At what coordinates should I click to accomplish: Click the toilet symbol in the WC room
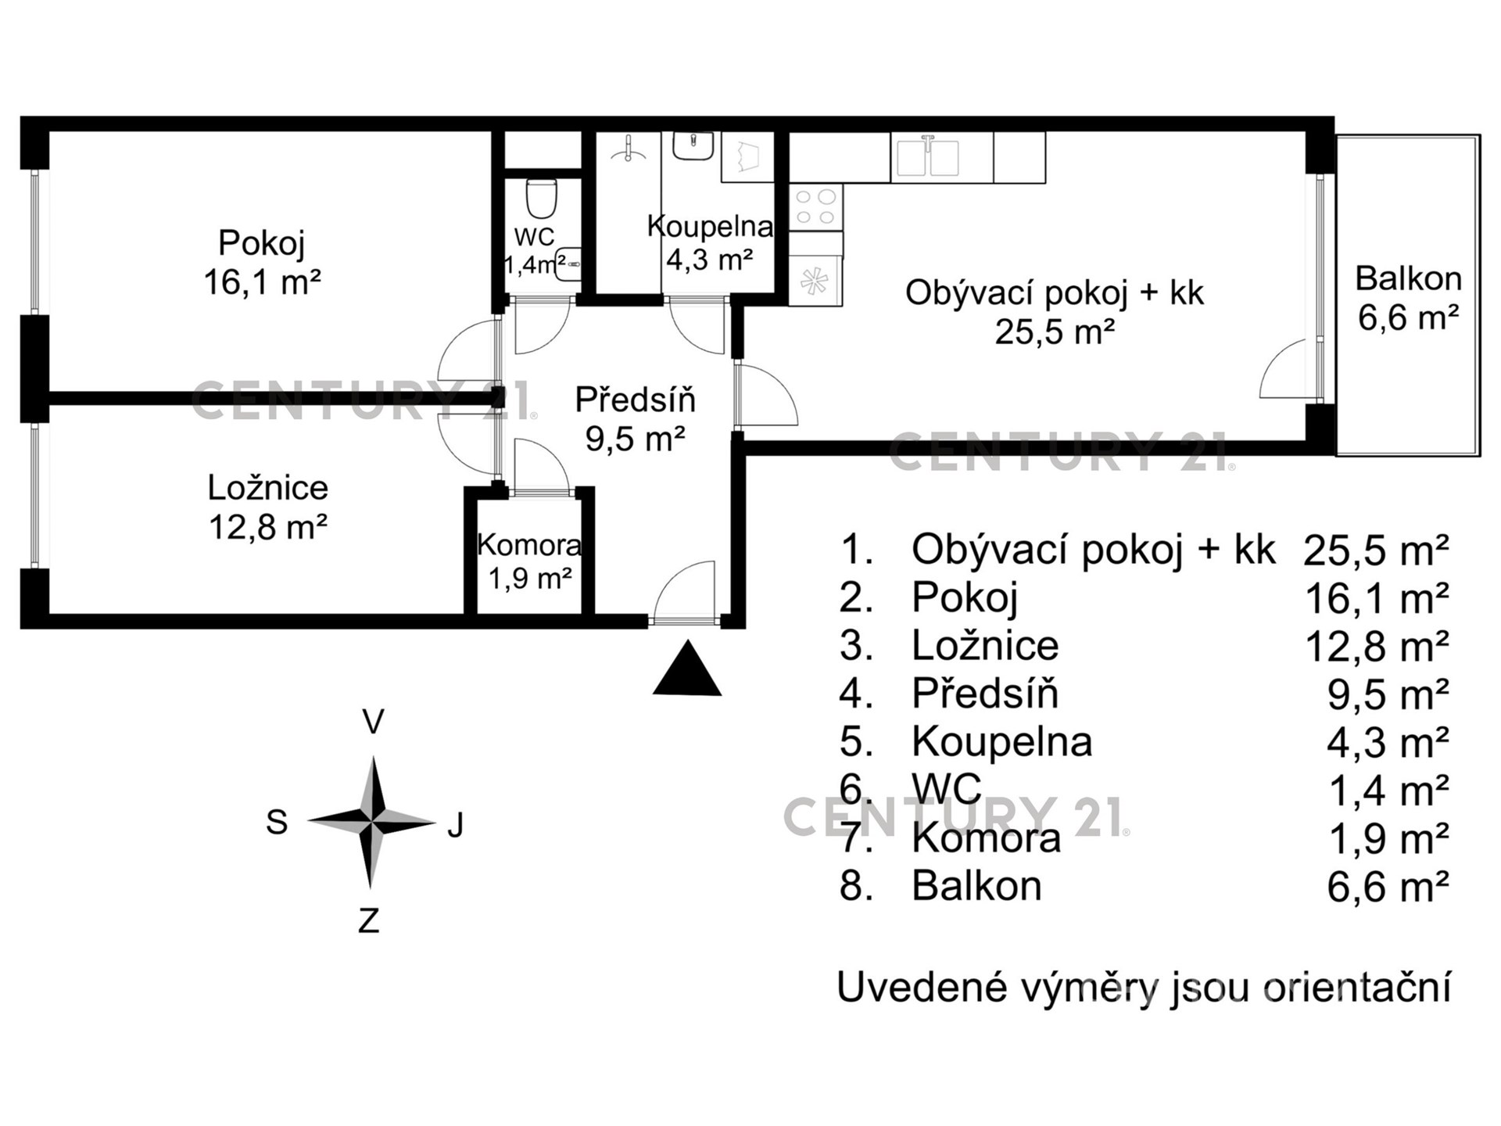click(x=540, y=199)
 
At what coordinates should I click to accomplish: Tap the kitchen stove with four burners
click(x=815, y=207)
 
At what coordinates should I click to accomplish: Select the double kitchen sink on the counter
click(x=927, y=157)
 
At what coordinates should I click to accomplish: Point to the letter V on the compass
click(x=374, y=722)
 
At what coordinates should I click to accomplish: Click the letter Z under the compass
click(x=369, y=920)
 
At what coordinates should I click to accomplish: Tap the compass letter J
click(x=457, y=824)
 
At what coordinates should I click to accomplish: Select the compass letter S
click(x=277, y=823)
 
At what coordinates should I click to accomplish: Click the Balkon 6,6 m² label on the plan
click(x=1408, y=298)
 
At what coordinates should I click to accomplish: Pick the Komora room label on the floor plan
click(x=529, y=545)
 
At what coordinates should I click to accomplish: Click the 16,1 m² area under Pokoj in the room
click(x=263, y=281)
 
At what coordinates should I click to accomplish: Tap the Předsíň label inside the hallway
click(x=636, y=400)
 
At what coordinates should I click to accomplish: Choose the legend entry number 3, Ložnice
click(x=949, y=646)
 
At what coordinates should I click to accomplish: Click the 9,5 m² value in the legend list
click(x=1388, y=694)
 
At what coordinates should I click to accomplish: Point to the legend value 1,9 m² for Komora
click(x=1389, y=838)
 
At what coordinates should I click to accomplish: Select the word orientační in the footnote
click(x=1358, y=988)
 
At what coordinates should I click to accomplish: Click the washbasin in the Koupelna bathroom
click(x=692, y=146)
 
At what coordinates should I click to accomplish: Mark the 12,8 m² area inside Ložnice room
click(x=267, y=527)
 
